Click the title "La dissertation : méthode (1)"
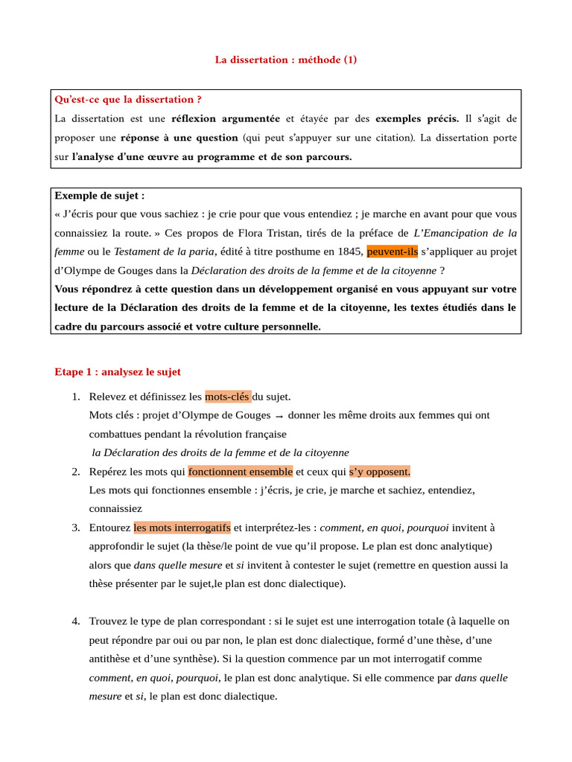286,60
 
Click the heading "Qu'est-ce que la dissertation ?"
128,99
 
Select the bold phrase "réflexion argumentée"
226,118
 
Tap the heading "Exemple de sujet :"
100,196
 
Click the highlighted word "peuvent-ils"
393,252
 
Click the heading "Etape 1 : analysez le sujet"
118,371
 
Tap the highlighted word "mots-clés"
228,397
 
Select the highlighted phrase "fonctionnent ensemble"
241,472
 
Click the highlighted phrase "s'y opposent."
380,472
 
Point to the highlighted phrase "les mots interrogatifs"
182,528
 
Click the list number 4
76,621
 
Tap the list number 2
76,472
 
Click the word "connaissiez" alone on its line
115,509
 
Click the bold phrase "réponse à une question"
179,138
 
